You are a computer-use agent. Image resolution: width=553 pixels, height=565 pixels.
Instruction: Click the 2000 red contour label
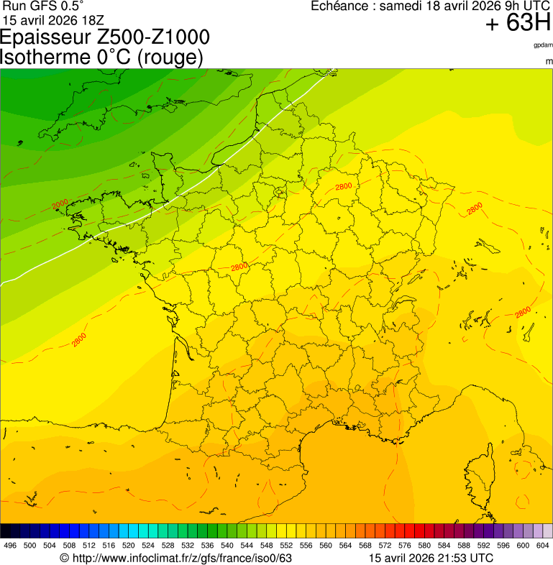pos(60,204)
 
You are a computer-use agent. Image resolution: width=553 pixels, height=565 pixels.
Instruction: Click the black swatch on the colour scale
pos(6,531)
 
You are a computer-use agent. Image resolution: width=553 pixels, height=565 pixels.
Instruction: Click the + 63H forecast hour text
pos(518,23)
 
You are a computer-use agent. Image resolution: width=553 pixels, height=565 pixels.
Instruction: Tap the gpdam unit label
pos(543,45)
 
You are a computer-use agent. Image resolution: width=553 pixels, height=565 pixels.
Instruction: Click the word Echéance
pos(341,6)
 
